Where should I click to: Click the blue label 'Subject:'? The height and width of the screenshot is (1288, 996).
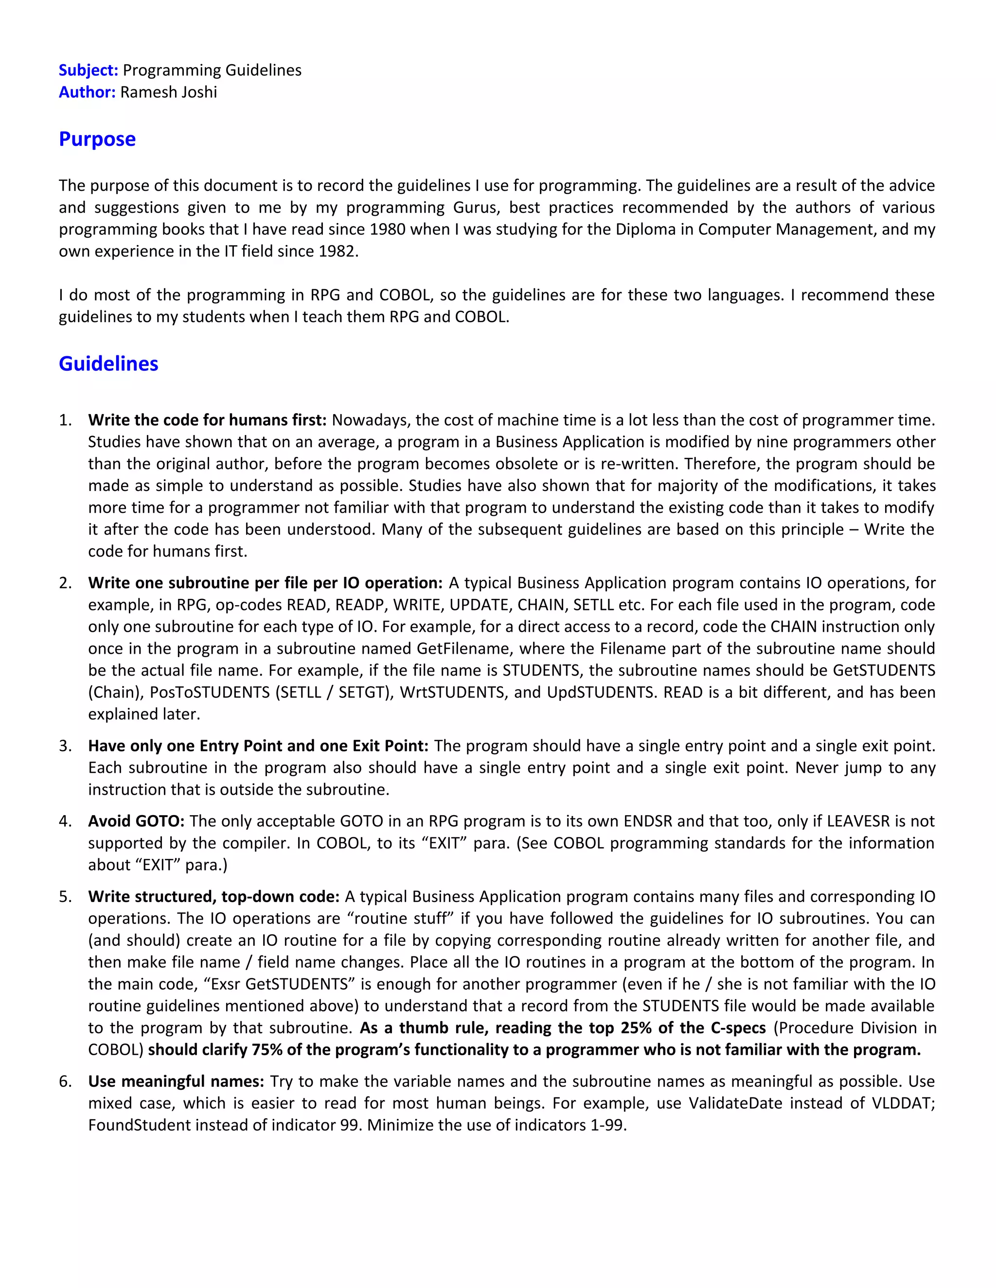[x=89, y=70]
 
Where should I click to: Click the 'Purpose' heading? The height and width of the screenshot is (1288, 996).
[x=97, y=139]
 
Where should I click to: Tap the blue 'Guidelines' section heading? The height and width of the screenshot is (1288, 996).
[x=108, y=364]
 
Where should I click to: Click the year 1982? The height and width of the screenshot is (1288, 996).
[x=338, y=251]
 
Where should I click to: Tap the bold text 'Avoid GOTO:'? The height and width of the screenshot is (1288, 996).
[x=136, y=821]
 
